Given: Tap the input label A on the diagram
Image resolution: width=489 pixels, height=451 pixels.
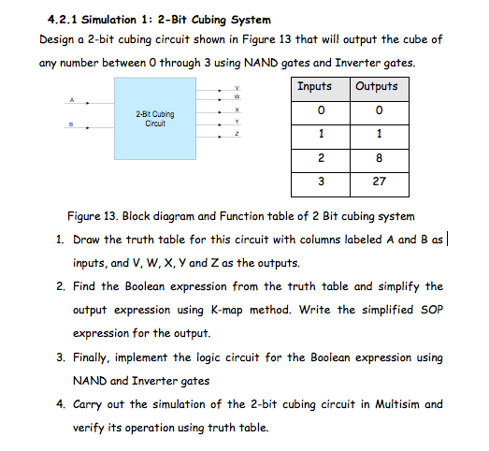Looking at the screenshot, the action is [71, 101].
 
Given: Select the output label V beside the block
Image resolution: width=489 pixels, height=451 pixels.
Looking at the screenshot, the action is [237, 86].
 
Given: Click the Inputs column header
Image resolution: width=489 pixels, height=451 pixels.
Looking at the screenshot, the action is [314, 86].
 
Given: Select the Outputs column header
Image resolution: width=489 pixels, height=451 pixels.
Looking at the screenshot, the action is [377, 86].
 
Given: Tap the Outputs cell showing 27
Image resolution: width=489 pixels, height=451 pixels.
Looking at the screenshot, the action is [379, 181].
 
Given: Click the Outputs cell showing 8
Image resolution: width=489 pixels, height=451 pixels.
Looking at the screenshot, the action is [379, 158].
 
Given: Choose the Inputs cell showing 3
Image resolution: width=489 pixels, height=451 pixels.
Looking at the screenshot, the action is [321, 181].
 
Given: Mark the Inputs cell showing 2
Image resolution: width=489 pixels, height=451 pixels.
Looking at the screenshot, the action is [321, 158].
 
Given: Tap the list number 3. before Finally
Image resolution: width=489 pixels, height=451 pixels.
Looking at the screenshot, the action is [61, 356].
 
